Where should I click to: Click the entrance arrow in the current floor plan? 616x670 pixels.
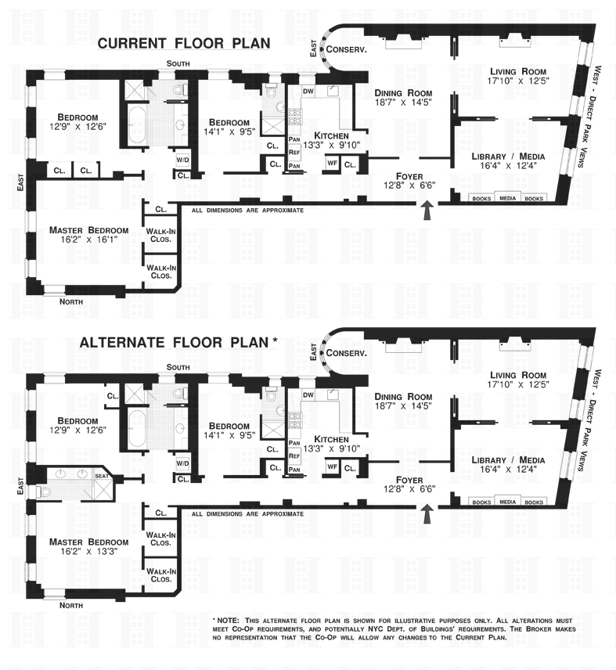coord(427,211)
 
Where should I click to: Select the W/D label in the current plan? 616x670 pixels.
coord(183,160)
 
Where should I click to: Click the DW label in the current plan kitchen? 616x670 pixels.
coord(308,92)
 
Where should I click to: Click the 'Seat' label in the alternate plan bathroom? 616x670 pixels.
coord(101,476)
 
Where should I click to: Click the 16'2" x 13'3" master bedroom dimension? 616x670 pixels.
coord(88,554)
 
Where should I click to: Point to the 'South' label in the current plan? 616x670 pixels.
coord(178,64)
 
